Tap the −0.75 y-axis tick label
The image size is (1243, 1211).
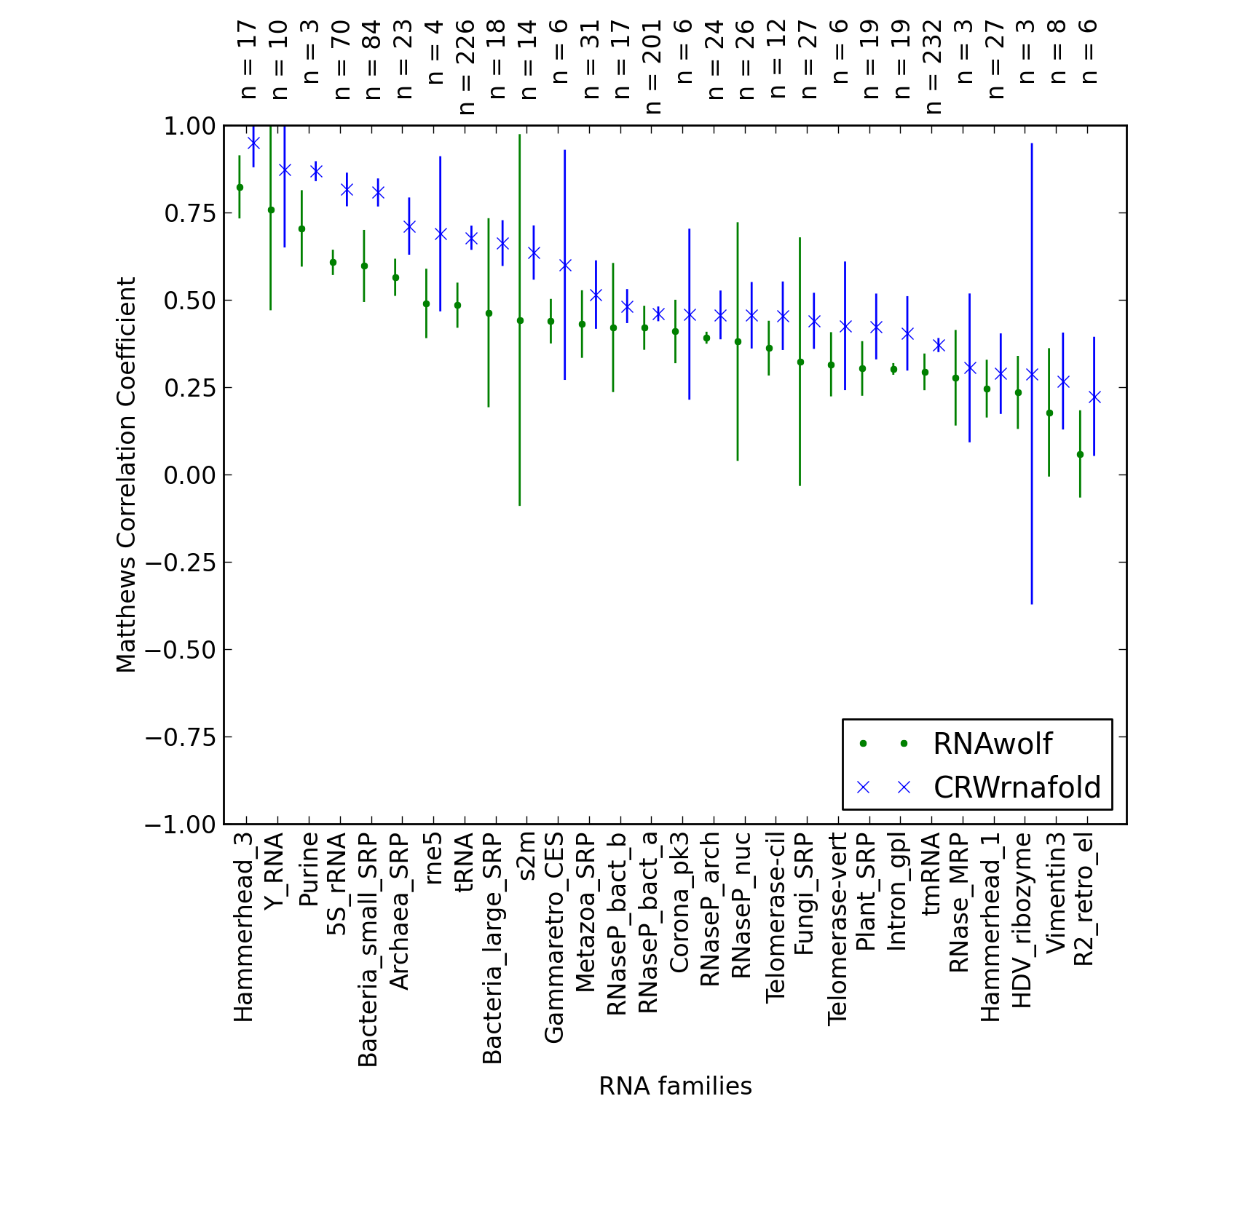[180, 737]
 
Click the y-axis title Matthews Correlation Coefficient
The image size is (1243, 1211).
[126, 475]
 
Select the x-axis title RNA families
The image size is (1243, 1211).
[675, 1087]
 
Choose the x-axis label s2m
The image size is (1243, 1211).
[526, 857]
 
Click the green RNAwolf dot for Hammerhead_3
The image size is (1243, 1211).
[240, 187]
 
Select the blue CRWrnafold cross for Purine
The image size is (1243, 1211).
[316, 172]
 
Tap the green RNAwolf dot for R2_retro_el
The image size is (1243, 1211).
[1080, 454]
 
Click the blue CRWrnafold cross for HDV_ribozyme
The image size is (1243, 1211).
[1032, 374]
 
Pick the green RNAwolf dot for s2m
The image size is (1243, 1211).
[520, 320]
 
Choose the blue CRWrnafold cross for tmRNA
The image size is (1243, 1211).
[939, 345]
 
